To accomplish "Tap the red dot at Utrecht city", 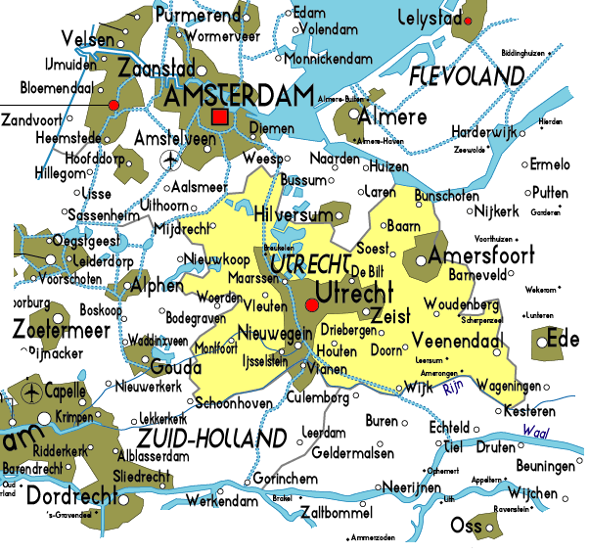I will (x=312, y=306).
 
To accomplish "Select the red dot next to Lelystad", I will (x=469, y=21).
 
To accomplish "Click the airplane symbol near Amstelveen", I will (x=173, y=159).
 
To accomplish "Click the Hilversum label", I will (x=294, y=214).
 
